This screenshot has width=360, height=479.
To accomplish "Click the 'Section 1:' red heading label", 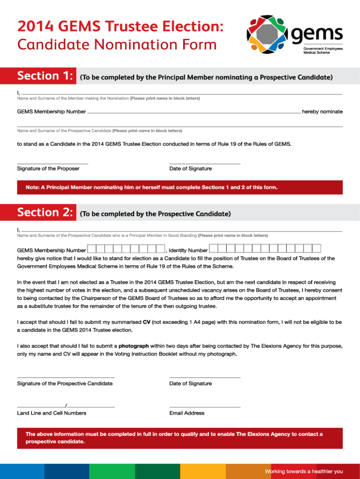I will click(45, 76).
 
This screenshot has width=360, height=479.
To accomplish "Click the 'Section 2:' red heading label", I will click(45, 213).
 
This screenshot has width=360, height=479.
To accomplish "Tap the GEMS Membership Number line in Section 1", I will click(194, 113).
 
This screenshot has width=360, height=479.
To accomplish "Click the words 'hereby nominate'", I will click(322, 112).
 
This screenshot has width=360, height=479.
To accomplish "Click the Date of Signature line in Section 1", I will click(205, 163).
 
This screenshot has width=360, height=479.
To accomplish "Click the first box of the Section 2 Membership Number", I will click(92, 249).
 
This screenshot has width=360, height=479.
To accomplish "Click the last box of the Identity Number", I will click(316, 249).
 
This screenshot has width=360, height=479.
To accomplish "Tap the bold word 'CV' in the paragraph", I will click(146, 322).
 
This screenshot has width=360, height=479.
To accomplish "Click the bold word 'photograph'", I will click(134, 346).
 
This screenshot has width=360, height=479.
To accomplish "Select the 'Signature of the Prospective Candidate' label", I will click(65, 384).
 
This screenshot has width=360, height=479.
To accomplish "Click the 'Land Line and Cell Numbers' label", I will click(51, 413).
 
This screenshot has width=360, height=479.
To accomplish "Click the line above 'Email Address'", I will click(205, 407).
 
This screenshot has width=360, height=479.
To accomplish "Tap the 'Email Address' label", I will click(187, 413).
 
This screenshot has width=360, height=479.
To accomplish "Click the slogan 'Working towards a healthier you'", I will click(304, 471).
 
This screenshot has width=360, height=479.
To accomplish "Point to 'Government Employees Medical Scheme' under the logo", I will click(323, 51).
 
